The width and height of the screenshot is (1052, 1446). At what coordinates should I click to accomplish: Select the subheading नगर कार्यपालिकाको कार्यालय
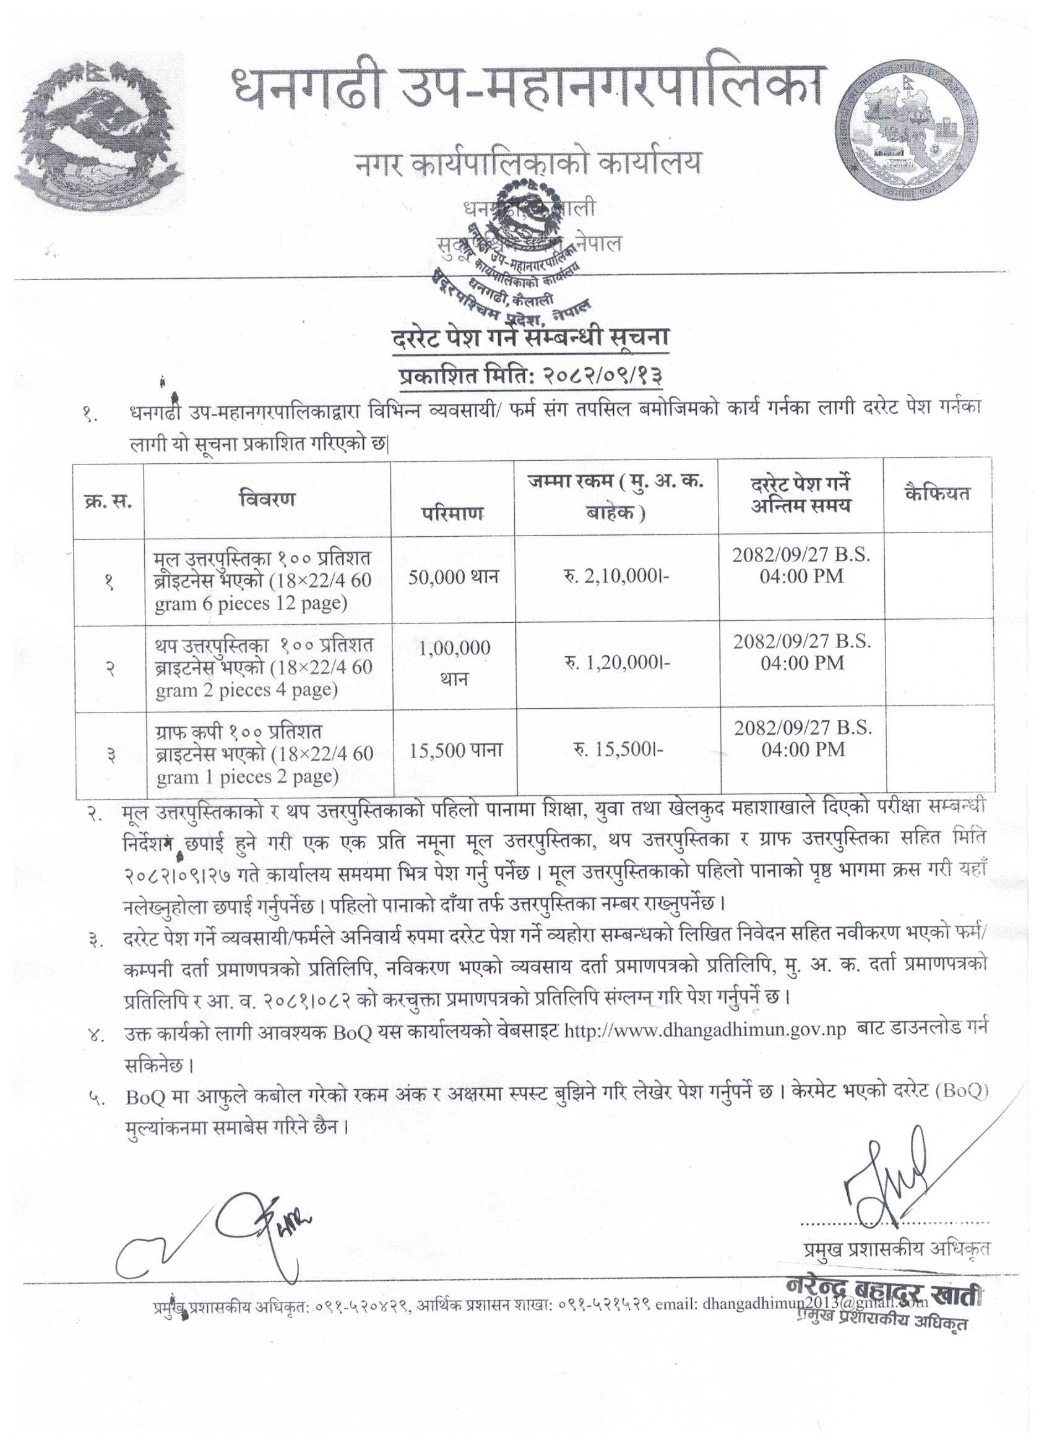528,163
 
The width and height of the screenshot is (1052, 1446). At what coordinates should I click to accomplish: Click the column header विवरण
267,498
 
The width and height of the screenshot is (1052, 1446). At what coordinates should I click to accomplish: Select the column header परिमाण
452,513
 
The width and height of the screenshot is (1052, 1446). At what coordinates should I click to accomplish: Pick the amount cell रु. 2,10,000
617,577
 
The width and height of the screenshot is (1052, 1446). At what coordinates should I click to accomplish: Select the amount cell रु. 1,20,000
617,663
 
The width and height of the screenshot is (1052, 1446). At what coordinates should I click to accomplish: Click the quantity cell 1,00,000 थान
454,663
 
